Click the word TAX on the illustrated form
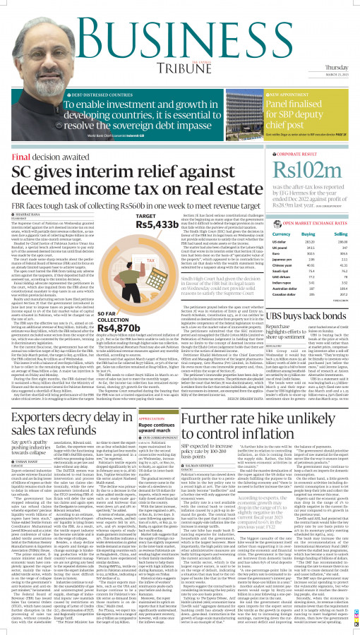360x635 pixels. pos(150,262)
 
